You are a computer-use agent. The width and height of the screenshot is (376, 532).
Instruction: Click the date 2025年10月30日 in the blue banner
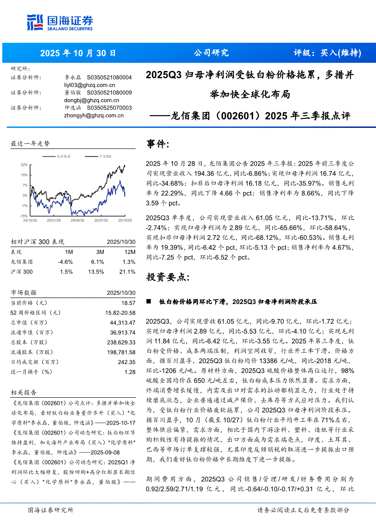point(78,53)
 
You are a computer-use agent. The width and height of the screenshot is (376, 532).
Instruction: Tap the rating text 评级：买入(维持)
point(327,53)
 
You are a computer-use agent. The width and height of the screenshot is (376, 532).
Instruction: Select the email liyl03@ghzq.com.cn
point(90,85)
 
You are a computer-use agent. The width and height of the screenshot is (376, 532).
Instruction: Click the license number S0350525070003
point(109,108)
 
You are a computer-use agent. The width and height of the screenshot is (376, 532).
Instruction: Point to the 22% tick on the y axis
point(24,164)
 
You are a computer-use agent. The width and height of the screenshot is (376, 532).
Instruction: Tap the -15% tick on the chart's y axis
point(23,216)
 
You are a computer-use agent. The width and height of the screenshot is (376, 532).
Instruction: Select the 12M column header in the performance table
point(130,252)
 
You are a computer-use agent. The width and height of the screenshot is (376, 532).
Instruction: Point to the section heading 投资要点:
point(165,277)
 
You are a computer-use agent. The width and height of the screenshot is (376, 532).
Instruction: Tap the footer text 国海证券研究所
point(51,510)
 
